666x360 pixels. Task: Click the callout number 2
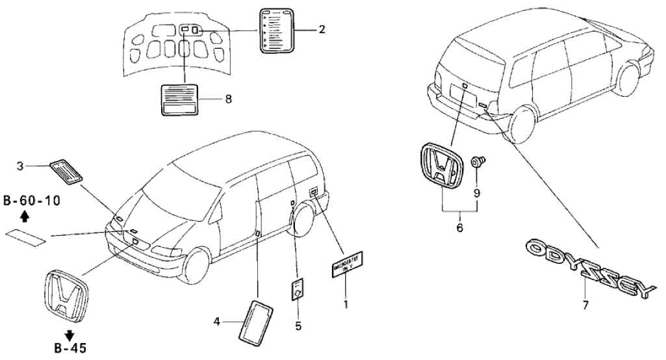click(322, 29)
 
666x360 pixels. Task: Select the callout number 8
click(227, 99)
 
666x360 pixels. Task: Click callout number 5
click(298, 326)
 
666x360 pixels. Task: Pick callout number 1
click(346, 303)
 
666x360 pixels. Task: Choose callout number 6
click(460, 229)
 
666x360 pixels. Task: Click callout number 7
click(586, 305)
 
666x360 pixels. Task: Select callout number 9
click(477, 193)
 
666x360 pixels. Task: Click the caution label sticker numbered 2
click(278, 30)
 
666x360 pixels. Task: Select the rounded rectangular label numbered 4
click(257, 320)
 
